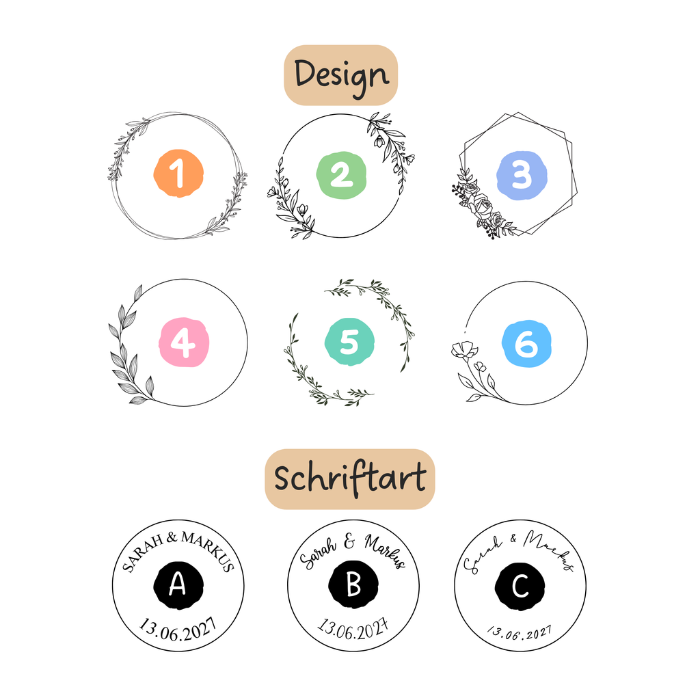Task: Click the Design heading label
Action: click(340, 75)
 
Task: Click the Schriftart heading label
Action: click(349, 479)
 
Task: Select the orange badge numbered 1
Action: click(178, 173)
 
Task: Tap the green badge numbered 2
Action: click(342, 175)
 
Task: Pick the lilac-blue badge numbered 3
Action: click(522, 176)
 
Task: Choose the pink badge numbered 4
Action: click(184, 342)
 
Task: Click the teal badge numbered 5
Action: click(349, 342)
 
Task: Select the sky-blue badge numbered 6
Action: click(527, 344)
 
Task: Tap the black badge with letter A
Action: click(178, 585)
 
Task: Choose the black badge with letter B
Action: click(353, 584)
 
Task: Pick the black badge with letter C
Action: click(520, 586)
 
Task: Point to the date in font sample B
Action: click(353, 630)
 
